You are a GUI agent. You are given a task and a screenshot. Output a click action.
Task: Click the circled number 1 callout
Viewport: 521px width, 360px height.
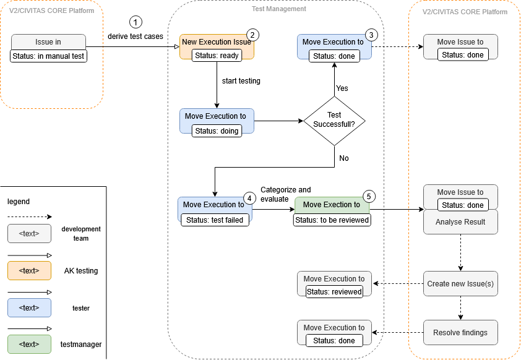[x=136, y=22]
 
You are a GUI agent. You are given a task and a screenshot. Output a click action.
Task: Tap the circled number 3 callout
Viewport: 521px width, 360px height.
[x=371, y=35]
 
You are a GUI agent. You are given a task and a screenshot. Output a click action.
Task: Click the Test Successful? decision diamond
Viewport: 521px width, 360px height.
[x=334, y=119]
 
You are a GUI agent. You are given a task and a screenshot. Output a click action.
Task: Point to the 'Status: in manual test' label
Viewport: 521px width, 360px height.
[x=49, y=56]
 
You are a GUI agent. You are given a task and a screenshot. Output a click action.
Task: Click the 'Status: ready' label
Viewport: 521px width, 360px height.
[x=216, y=55]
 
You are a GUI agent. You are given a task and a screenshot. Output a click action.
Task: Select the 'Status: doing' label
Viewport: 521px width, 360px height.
[x=216, y=131]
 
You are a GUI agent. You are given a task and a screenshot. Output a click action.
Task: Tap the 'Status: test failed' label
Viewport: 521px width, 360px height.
[x=215, y=219]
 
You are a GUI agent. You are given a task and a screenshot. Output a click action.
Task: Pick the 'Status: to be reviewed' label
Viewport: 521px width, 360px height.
[x=332, y=220]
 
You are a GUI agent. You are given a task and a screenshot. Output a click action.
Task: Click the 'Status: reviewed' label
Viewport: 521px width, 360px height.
[x=334, y=291]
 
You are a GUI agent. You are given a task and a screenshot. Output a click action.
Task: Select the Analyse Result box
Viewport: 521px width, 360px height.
[x=460, y=222]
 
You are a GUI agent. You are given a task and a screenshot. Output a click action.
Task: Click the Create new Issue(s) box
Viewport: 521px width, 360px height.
[x=460, y=284]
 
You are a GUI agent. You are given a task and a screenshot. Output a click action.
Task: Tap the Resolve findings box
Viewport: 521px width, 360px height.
[x=460, y=332]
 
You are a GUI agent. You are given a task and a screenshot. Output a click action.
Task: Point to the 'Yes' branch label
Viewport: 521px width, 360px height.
[x=342, y=88]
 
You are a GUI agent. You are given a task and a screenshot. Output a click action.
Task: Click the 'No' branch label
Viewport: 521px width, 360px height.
[x=344, y=158]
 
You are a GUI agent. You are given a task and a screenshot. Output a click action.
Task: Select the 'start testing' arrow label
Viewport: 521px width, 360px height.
[x=241, y=81]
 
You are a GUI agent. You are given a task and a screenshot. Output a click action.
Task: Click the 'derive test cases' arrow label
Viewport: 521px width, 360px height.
[x=136, y=36]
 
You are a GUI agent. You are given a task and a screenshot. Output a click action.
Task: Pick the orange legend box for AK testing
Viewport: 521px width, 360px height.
[x=30, y=271]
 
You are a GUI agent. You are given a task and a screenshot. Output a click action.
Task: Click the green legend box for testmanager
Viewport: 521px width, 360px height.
[x=30, y=344]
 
